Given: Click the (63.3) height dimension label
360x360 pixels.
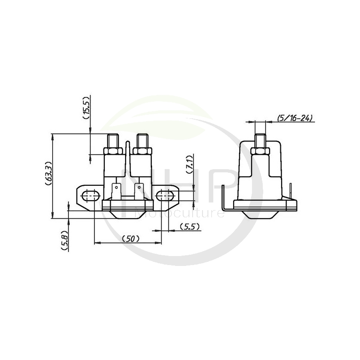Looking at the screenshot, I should tap(49, 175).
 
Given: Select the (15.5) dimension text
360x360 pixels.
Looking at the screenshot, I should tap(87, 108).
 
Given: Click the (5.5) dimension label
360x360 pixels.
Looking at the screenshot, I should tap(189, 227).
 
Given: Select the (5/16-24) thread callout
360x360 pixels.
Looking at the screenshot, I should tap(295, 118).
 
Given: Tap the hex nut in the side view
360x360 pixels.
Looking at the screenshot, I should tap(260, 150).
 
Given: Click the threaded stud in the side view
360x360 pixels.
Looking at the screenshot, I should tap(260, 139).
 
